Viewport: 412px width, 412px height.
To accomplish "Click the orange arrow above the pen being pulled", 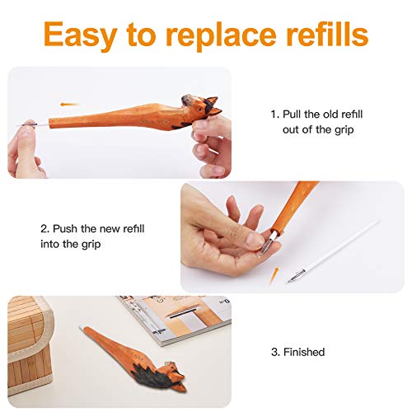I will pos(69,105).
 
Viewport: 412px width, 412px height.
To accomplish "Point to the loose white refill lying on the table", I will pos(334,251).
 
